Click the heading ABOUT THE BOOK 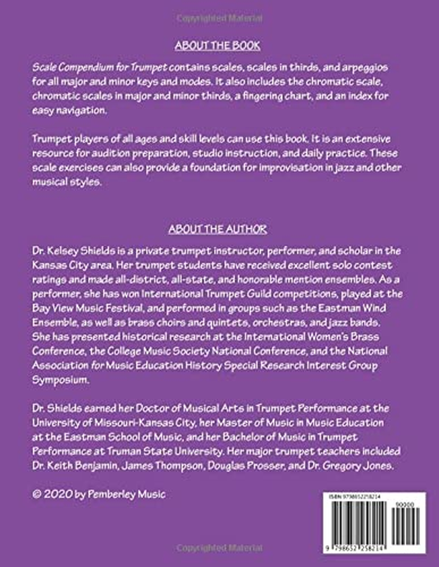(x=217, y=46)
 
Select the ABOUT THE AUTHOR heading (x=217, y=228)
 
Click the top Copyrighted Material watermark (x=219, y=18)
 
